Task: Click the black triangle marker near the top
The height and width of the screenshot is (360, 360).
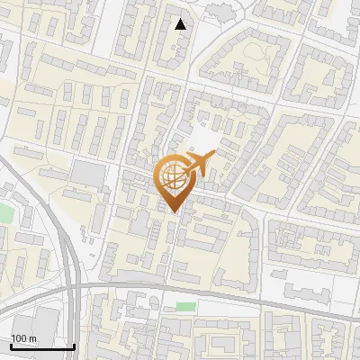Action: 182,24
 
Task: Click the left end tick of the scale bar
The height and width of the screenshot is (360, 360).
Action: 11,346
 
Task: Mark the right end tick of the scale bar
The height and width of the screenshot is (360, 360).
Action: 74,346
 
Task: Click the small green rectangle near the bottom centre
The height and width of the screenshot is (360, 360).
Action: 185,307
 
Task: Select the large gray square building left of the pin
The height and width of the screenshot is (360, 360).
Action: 87,172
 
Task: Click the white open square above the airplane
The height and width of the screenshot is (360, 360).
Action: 205,138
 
